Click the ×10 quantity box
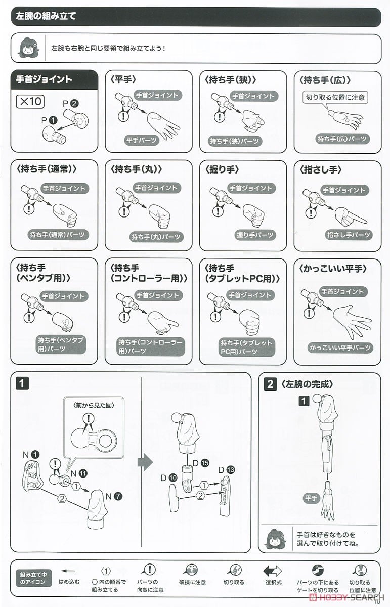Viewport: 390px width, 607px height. [x=30, y=101]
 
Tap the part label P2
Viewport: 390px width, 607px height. [x=70, y=103]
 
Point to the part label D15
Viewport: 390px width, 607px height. [x=200, y=462]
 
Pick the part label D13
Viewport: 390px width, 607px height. [x=226, y=470]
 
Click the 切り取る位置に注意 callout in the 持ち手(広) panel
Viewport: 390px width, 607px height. [x=335, y=97]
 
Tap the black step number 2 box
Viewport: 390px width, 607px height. [x=270, y=384]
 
